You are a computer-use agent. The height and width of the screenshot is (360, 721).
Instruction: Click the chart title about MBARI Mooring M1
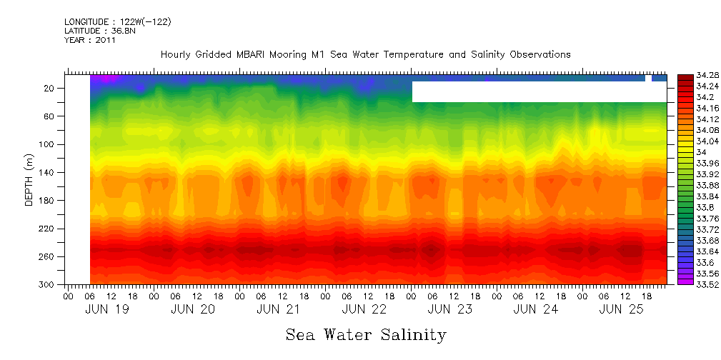coord(365,54)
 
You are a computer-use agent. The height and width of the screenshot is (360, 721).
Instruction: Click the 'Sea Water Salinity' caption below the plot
coord(366,334)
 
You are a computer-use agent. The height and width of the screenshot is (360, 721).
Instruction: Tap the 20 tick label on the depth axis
coord(50,88)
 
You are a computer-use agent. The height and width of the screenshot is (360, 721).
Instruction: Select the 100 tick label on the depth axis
coord(48,144)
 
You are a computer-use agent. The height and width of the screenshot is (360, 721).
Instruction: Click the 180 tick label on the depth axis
coord(48,201)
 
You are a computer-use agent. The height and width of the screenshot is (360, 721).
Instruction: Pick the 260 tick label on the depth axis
coord(48,256)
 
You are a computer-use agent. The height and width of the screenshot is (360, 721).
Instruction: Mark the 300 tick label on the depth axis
coord(48,285)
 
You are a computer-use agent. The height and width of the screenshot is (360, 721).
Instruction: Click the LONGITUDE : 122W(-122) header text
coord(117,22)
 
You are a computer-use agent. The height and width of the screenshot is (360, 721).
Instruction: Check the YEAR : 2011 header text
coord(89,40)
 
